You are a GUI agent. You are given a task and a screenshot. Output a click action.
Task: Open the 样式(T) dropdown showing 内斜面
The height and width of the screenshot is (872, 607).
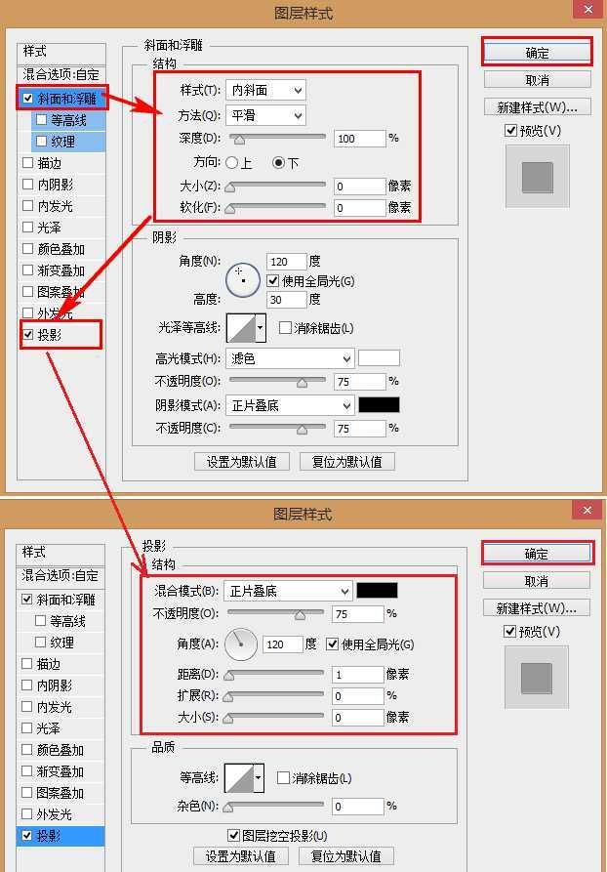(265, 90)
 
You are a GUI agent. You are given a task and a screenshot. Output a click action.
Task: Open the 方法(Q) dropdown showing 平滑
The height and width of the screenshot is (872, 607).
(265, 114)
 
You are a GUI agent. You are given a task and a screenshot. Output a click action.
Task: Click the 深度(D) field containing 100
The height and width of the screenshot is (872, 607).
(359, 139)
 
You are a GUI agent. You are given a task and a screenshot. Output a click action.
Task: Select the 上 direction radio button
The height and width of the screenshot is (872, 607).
(232, 163)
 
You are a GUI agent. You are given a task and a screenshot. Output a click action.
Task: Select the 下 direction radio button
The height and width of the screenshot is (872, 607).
(278, 163)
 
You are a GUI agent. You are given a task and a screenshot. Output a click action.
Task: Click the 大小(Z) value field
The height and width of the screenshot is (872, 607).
(359, 186)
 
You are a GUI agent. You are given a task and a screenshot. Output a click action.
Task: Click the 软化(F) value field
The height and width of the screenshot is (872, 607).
(359, 208)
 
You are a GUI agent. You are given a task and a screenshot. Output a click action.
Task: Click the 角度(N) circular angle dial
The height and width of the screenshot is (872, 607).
(243, 279)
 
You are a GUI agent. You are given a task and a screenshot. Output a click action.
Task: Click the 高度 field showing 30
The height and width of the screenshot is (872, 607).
(286, 300)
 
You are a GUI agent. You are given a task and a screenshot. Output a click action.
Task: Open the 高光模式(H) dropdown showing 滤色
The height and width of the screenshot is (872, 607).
(290, 358)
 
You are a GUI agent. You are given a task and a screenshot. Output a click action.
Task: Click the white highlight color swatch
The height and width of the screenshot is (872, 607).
(379, 358)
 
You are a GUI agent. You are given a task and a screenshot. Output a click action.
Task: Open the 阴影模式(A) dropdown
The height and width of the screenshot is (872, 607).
(290, 405)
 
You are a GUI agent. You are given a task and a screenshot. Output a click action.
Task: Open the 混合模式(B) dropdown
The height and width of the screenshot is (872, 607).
(288, 591)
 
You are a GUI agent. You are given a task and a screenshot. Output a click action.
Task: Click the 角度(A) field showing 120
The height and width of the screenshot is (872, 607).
(282, 644)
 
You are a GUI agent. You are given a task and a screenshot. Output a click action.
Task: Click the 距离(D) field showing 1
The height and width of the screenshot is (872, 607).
(357, 675)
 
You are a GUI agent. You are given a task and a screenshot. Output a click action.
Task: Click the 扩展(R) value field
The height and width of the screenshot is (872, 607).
(357, 696)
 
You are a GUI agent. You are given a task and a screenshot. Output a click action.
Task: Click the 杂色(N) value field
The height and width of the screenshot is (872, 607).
(357, 807)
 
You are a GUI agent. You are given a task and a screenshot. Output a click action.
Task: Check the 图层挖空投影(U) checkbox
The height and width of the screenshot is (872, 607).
(233, 836)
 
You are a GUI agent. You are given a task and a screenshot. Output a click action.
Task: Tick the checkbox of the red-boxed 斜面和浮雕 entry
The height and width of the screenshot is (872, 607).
(28, 99)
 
